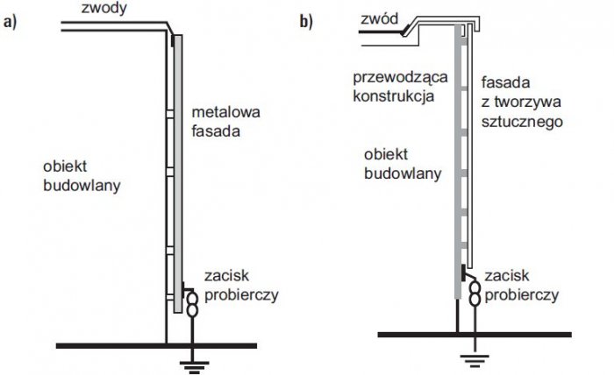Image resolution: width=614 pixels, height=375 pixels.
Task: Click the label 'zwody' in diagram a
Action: point(104,8)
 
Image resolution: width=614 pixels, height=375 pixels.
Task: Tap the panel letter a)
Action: point(11,22)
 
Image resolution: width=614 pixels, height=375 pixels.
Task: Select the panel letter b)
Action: point(306,22)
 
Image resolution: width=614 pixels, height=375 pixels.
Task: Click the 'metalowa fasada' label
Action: point(225,122)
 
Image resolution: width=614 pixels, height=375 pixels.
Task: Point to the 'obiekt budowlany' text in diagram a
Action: point(82,176)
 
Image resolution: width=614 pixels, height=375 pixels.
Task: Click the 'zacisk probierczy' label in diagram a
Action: point(241,286)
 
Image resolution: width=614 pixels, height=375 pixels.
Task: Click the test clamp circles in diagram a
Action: point(192,304)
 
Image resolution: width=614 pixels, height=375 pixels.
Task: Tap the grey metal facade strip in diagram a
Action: point(178,174)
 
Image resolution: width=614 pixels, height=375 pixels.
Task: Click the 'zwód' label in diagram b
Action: point(379,18)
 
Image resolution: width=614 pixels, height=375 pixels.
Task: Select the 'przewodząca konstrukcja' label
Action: point(400,87)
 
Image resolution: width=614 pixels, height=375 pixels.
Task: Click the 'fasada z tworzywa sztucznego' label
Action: point(522,102)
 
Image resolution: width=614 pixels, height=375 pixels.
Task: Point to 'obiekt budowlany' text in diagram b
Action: point(403,164)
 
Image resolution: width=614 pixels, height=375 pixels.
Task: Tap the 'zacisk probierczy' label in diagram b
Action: point(522,286)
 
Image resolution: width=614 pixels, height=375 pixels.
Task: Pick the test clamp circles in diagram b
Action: point(475,294)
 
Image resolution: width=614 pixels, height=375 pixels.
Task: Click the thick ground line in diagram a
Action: point(157,346)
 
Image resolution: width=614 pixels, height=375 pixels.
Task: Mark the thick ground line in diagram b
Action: point(475,335)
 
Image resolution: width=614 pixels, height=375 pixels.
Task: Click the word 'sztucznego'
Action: point(522,122)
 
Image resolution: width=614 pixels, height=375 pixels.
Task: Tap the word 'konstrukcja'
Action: point(394,96)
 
